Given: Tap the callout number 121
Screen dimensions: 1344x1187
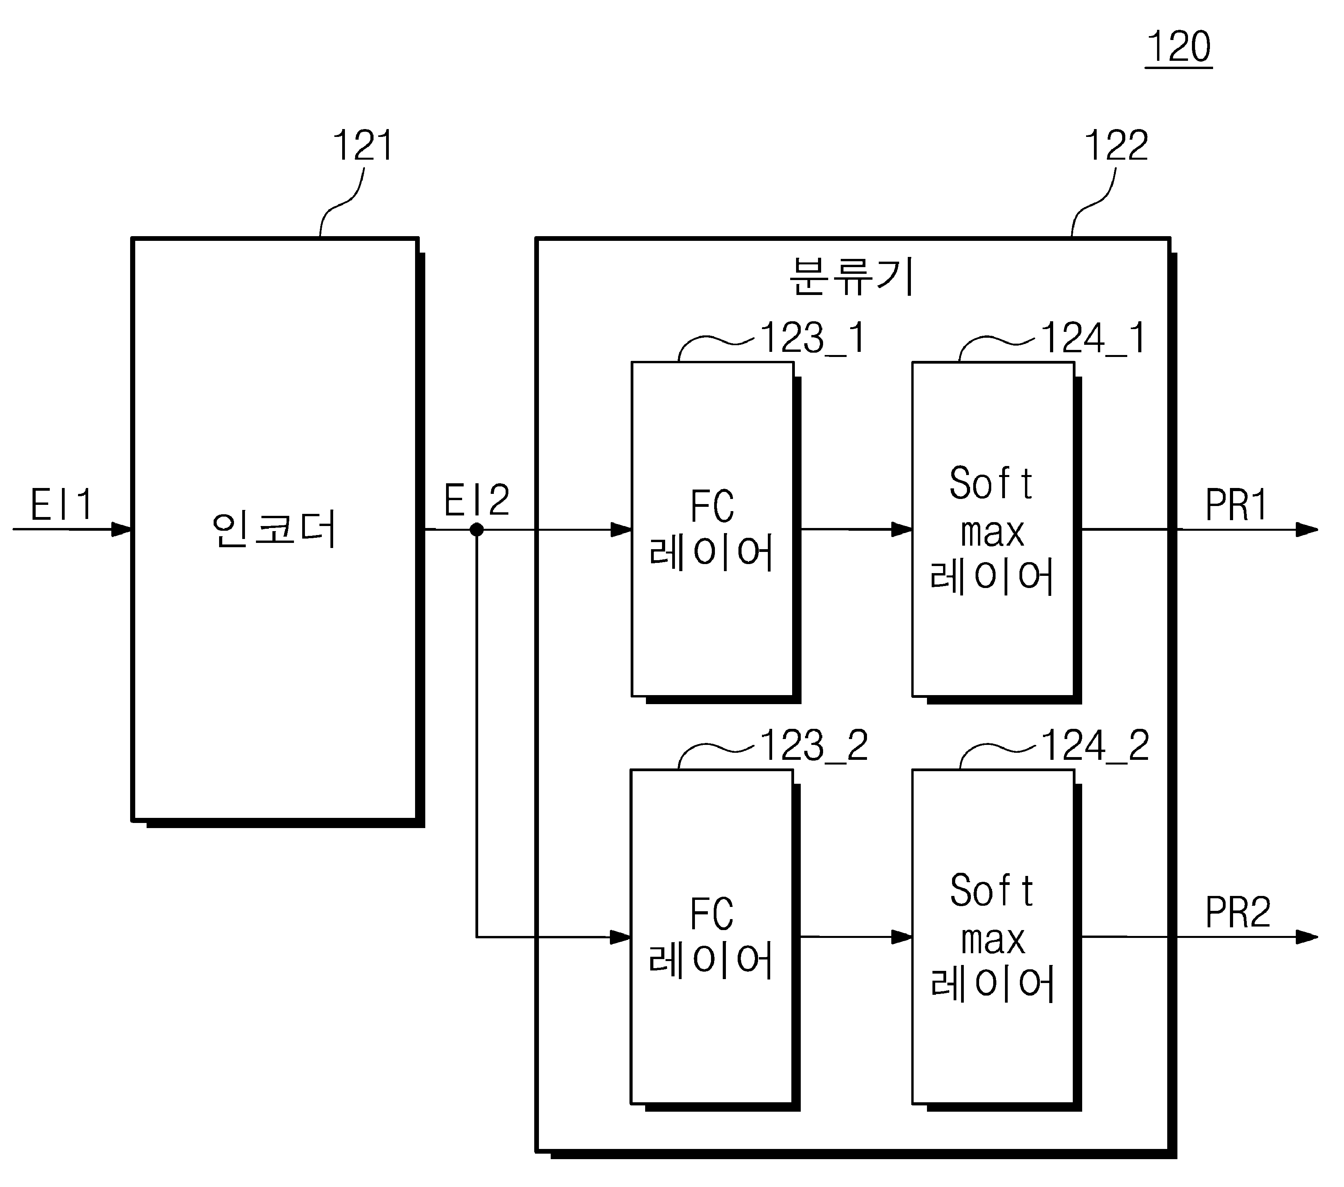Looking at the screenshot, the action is [363, 146].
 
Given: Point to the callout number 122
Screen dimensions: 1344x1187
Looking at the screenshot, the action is [1116, 146].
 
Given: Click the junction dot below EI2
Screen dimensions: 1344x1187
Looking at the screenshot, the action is [477, 529].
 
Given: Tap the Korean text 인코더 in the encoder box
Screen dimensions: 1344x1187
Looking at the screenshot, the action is [275, 530].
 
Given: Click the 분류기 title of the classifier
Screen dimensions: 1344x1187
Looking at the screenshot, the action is [851, 277].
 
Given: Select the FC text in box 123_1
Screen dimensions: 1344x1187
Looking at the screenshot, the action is [712, 507].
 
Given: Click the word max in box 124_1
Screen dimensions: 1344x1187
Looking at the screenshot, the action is [993, 533].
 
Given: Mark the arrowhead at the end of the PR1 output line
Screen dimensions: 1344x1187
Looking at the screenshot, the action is [1307, 530].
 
